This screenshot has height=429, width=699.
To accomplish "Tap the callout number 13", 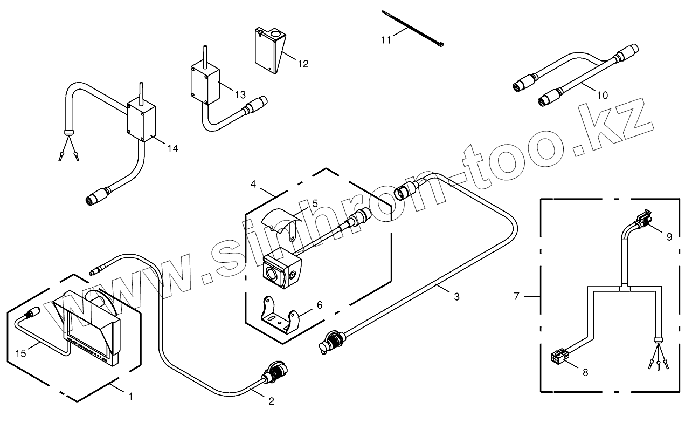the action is tap(239, 94).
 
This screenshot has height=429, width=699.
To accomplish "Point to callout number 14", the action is tap(172, 148).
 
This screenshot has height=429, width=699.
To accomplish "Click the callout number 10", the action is tap(602, 95).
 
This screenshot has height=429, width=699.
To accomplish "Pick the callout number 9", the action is tap(669, 236).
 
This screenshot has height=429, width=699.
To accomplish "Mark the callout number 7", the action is tap(516, 296).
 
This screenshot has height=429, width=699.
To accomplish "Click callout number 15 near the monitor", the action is tap(20, 353).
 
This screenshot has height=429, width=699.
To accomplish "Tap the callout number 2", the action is tap(271, 401).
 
